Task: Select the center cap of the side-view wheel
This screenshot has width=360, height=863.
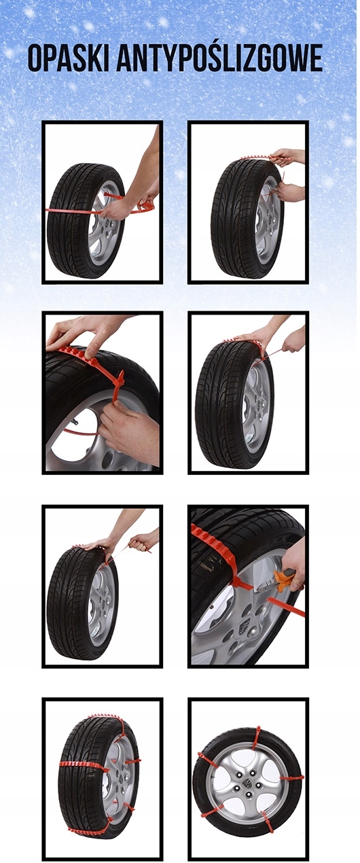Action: pos(247,783)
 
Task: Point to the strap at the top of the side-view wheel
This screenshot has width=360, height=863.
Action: pos(256,737)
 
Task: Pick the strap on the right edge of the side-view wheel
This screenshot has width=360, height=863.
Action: pos(291,778)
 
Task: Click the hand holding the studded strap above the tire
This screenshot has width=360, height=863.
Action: pos(287,158)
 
